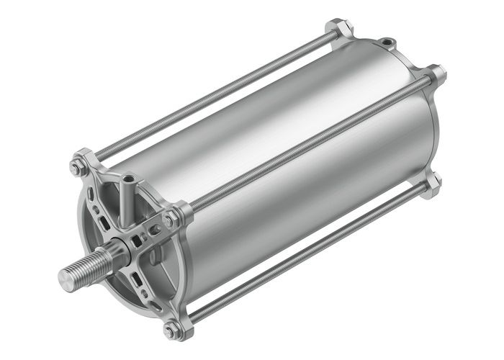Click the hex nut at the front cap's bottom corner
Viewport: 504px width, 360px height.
click(x=171, y=330)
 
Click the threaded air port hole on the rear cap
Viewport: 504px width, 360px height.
click(x=387, y=42)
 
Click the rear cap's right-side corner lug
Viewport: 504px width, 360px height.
click(x=436, y=73)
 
